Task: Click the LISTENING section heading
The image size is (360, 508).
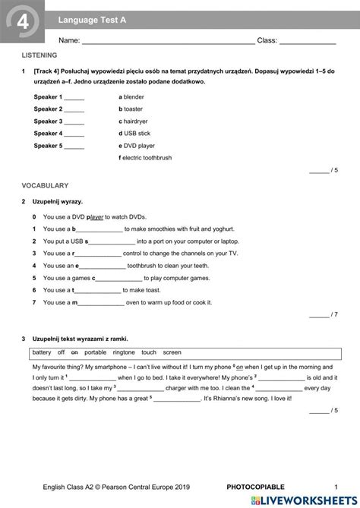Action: [39, 56]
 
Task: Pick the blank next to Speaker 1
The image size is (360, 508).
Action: [74, 98]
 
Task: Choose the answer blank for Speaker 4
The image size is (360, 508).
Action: [74, 134]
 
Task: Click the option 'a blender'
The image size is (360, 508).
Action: [131, 97]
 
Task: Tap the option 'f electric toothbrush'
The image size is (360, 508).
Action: [146, 157]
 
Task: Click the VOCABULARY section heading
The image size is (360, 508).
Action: [45, 185]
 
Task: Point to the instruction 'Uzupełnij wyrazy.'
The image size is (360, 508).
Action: [57, 201]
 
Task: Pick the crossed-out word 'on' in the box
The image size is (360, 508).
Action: [74, 352]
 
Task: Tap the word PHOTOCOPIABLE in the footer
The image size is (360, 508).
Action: [255, 487]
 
